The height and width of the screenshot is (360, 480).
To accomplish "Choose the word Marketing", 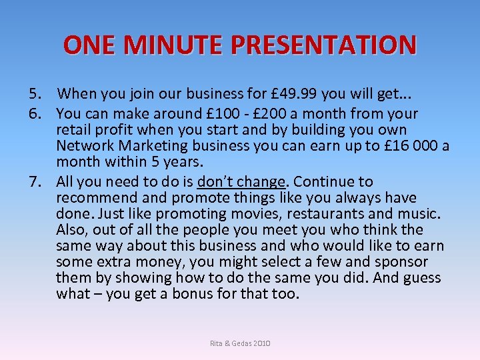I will (x=145, y=146).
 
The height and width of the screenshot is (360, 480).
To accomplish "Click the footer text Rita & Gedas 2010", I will (x=240, y=343).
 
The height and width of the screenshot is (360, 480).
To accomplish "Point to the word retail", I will (x=73, y=130).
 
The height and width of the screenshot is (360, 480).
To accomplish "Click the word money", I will (x=152, y=262).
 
